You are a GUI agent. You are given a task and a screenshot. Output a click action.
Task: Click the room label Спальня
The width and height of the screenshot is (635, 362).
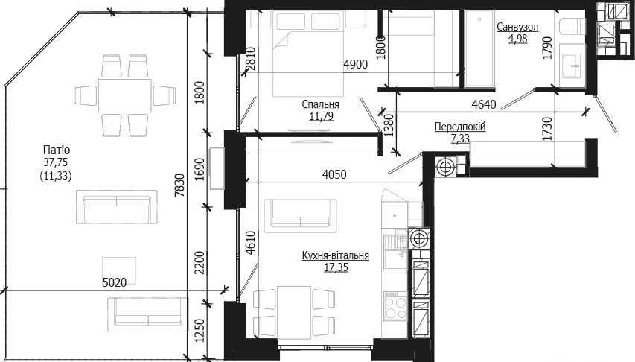pos(320,104)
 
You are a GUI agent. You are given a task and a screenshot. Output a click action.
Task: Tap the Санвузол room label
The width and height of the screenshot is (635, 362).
pos(517,27)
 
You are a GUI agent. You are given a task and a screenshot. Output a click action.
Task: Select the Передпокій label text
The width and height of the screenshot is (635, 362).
pos(460,127)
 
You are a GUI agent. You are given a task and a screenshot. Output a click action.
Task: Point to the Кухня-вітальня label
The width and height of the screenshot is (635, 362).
pos(335,255)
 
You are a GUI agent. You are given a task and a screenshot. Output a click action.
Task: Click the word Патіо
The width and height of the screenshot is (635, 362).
pos(57,150)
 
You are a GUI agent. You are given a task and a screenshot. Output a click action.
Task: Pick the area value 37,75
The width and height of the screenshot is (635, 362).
pos(56,162)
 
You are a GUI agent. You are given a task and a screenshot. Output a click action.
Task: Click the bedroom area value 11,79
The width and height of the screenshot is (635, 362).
pos(321,117)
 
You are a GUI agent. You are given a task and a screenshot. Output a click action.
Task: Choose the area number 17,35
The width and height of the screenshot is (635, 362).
pos(336,267)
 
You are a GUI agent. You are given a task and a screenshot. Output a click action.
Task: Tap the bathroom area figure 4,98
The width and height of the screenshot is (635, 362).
pos(518,39)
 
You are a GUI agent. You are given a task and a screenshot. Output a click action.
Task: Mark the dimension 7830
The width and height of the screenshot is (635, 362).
pos(180,185)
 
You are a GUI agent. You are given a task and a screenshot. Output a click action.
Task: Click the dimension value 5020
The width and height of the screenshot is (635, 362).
pos(114,282)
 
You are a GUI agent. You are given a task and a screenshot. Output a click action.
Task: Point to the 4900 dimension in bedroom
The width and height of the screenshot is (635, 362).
pos(356,64)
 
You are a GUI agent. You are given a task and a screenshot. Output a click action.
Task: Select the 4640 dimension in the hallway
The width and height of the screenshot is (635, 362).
pos(484,104)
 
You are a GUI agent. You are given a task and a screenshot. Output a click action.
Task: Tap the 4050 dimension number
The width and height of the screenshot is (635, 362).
pos(334,174)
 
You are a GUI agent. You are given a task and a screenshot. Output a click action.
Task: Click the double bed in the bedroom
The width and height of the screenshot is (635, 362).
pos(308,54)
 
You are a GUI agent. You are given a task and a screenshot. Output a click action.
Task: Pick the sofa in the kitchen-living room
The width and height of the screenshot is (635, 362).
pos(301,216)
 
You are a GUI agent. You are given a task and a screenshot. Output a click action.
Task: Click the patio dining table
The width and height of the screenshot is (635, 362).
pos(125,95)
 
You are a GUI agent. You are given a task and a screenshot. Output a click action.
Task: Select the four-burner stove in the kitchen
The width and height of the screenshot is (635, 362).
pos(395,308)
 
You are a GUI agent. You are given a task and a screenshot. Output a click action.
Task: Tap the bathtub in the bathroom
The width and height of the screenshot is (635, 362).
pos(479,48)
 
